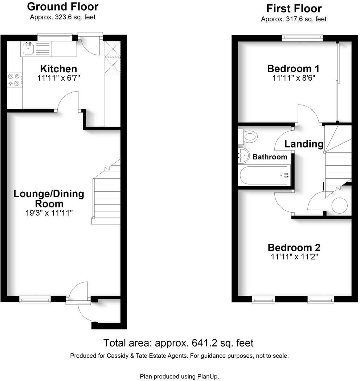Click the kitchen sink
[x=28, y=48]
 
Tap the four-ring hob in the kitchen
[x=14, y=80]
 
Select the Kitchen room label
[x=58, y=69]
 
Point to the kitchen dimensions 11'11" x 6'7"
[x=58, y=78]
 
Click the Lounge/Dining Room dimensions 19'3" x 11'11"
[x=49, y=213]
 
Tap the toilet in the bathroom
[x=249, y=137]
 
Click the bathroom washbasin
[x=243, y=156]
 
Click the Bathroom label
[x=270, y=157]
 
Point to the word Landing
[x=304, y=144]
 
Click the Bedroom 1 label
[x=293, y=68]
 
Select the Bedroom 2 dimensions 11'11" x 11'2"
[x=294, y=257]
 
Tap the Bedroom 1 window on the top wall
[x=302, y=36]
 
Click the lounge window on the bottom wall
[x=35, y=300]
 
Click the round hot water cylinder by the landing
[x=340, y=206]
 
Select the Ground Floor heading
[x=62, y=7]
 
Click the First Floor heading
[x=294, y=8]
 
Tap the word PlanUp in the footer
[x=207, y=376]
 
